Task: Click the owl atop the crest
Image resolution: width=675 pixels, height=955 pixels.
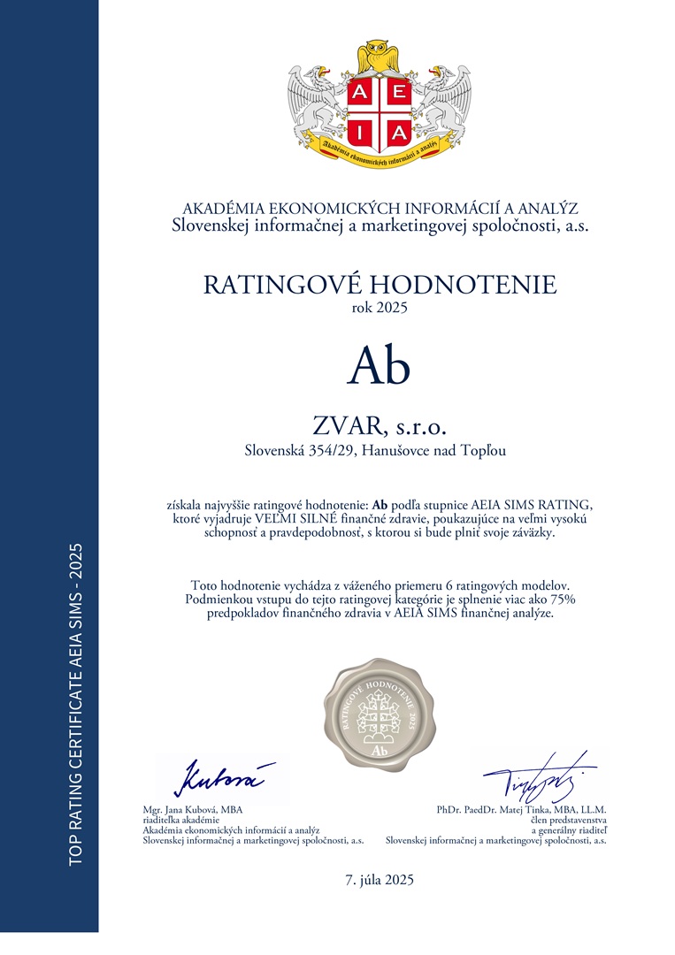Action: pos(380,55)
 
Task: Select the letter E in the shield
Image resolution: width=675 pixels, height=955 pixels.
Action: pos(399,93)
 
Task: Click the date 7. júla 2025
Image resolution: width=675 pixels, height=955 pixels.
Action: pos(380,880)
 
